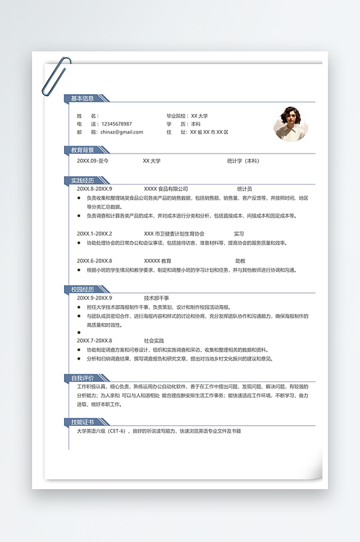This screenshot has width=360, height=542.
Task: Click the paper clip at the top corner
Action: pyautogui.click(x=55, y=76)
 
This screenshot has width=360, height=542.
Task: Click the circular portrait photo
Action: pyautogui.click(x=291, y=123)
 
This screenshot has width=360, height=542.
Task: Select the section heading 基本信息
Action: pyautogui.click(x=83, y=99)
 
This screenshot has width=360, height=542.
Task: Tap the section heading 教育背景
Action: pyautogui.click(x=83, y=150)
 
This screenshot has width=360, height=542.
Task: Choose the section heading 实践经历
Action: pyautogui.click(x=83, y=180)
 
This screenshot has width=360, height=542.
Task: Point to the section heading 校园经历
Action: pyautogui.click(x=83, y=289)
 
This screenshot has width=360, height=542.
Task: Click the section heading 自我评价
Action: pyautogui.click(x=83, y=378)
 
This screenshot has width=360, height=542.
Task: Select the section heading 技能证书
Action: pyautogui.click(x=83, y=422)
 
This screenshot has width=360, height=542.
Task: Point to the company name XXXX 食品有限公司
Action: pyautogui.click(x=166, y=189)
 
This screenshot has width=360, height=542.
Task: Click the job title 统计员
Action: pyautogui.click(x=244, y=189)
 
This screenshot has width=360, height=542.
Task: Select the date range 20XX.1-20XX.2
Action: pyautogui.click(x=94, y=234)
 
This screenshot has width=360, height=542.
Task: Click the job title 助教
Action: pyautogui.click(x=240, y=261)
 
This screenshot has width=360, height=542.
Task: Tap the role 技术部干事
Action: pyautogui.click(x=156, y=298)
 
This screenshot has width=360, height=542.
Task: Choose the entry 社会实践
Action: pyautogui.click(x=154, y=341)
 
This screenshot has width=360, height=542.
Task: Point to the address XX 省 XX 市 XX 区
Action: pyautogui.click(x=209, y=132)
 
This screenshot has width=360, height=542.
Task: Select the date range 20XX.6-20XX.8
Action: pyautogui.click(x=94, y=261)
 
